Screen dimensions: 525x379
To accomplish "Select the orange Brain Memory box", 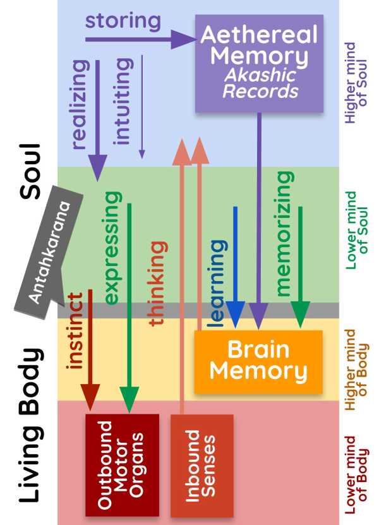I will [x=258, y=361].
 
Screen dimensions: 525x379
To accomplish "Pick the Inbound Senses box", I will [x=202, y=465].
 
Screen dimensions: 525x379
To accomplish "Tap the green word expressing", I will [x=112, y=248].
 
